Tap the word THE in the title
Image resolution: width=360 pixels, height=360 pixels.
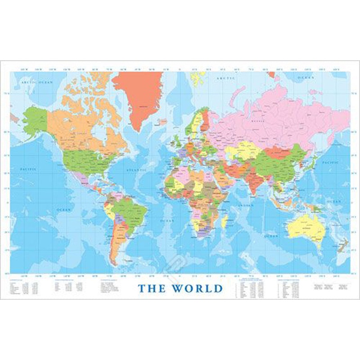[152, 288]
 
